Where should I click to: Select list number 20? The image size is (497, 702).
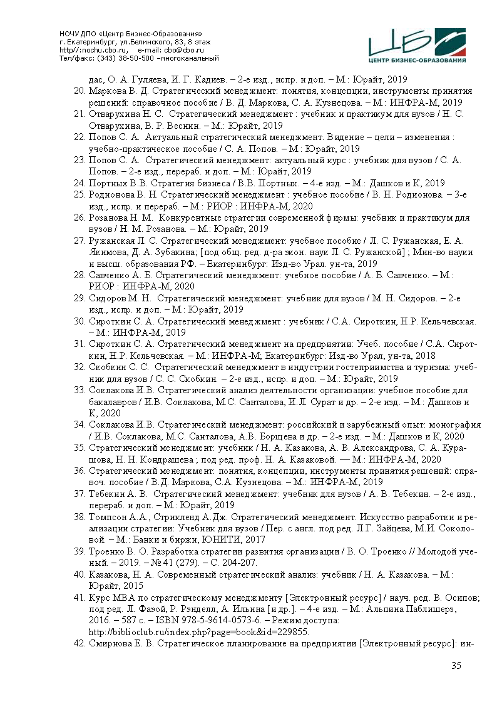pyautogui.click(x=79, y=91)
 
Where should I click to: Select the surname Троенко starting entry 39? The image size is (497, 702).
pyautogui.click(x=107, y=553)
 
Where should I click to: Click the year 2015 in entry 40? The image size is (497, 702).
pyautogui.click(x=133, y=586)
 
